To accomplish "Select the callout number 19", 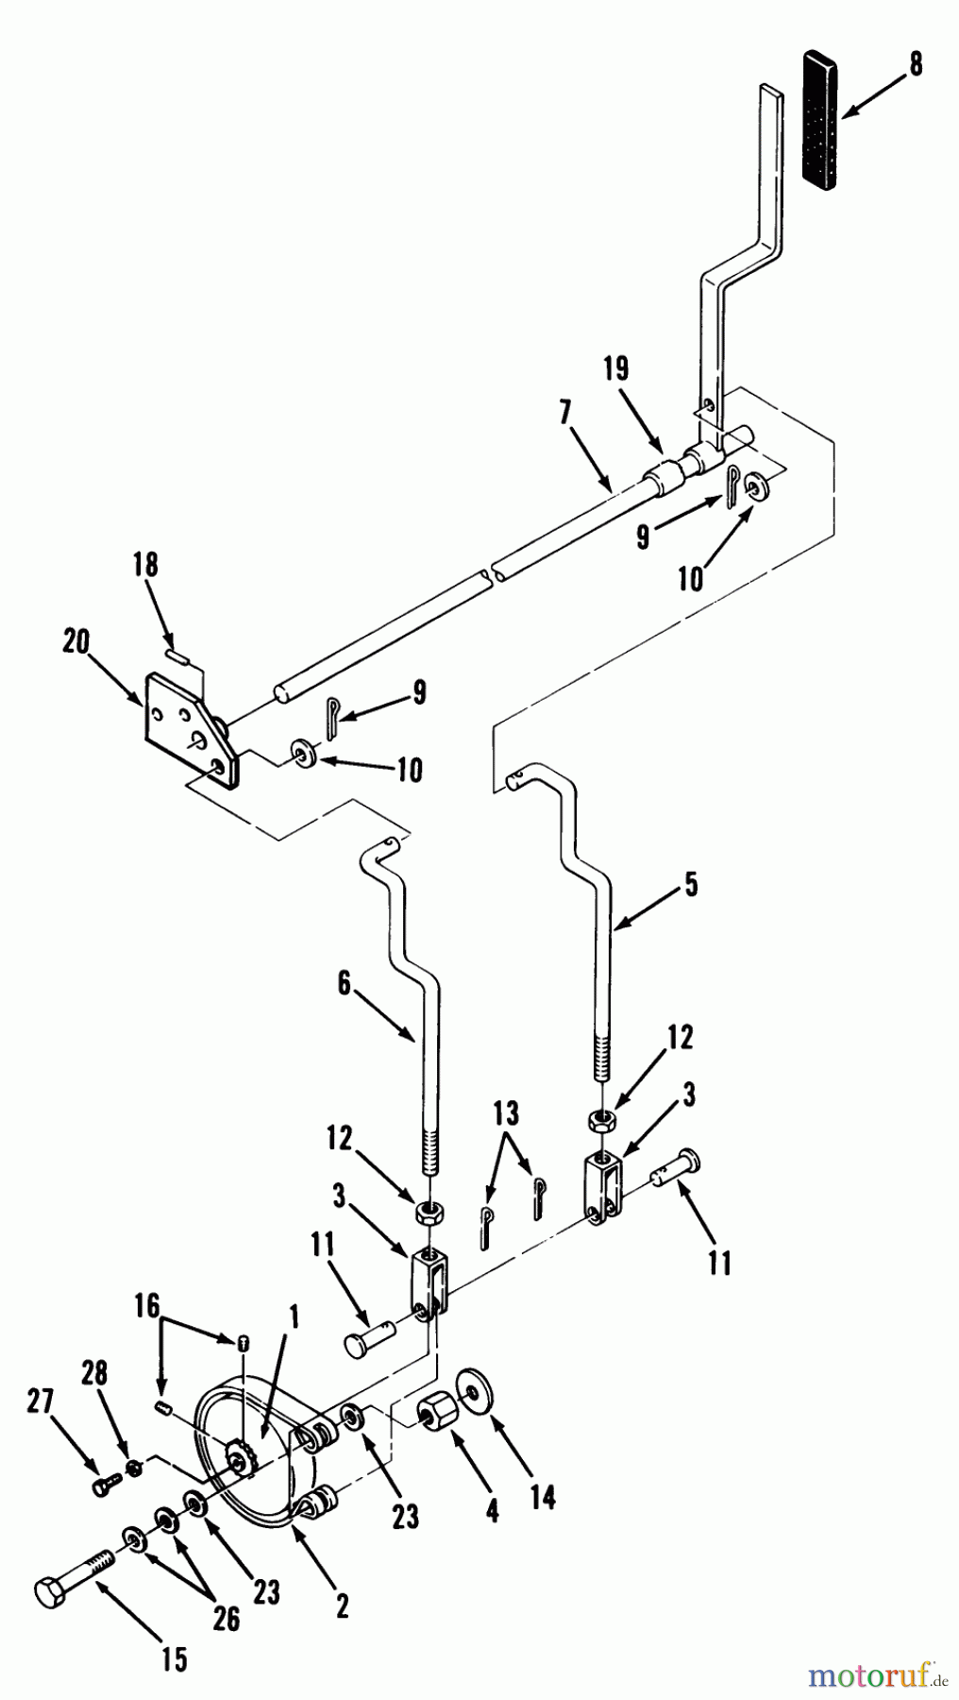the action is pos(615,369).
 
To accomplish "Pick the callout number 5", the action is pos(691,885).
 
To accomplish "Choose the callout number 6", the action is pos(344,984).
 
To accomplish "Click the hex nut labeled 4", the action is pos(436,1414).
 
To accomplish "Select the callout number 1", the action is pos(294,1317).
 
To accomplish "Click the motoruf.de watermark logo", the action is pos(877,1677).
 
